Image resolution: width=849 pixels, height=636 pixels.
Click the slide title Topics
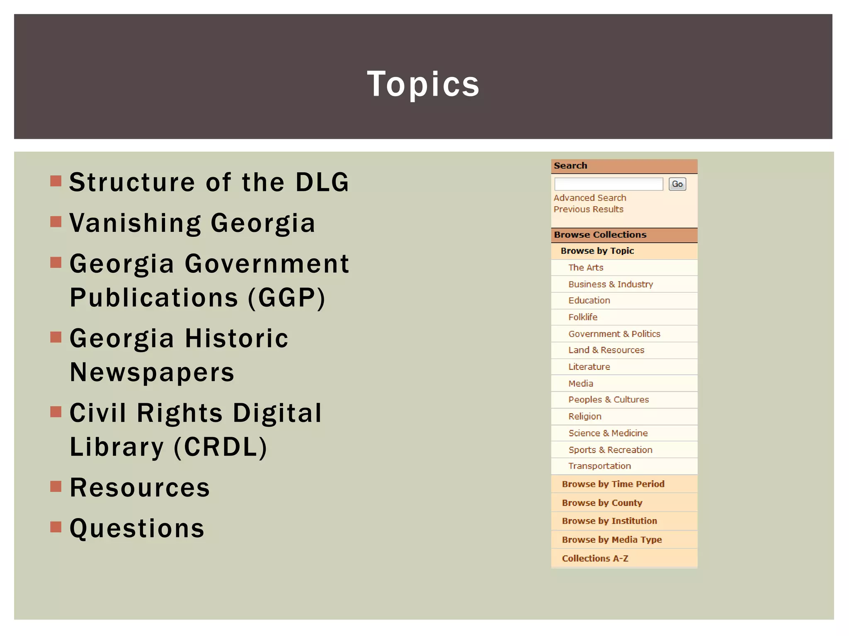(423, 84)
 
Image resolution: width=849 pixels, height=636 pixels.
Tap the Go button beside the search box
(677, 184)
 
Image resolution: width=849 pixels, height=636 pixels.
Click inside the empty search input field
(608, 184)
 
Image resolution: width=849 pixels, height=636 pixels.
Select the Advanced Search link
(589, 198)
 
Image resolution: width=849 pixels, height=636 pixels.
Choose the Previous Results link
(588, 209)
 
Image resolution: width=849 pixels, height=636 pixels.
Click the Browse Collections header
(600, 235)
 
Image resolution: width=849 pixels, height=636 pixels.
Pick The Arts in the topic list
(585, 267)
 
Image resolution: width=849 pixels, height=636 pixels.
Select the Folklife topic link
(582, 317)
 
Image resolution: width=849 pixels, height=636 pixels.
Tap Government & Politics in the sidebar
(614, 334)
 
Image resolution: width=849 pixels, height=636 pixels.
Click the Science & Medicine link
(608, 433)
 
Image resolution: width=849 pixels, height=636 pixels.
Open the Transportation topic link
(599, 466)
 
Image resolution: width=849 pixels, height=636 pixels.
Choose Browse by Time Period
(613, 484)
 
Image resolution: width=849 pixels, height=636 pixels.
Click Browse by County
(602, 503)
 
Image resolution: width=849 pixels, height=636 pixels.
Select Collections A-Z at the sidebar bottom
(595, 558)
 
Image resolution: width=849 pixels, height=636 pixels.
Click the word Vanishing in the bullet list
(135, 223)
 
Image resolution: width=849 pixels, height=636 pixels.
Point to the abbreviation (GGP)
(286, 298)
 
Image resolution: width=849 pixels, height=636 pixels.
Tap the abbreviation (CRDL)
(221, 447)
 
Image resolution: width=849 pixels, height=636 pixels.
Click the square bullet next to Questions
(56, 527)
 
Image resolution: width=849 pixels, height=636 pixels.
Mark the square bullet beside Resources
(56, 486)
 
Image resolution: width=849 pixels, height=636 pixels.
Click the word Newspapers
(152, 372)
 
